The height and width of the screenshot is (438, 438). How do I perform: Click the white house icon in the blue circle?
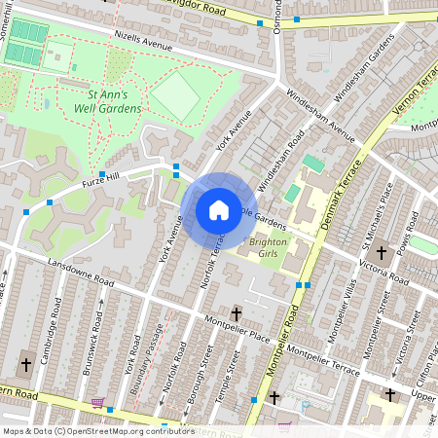coord(218,210)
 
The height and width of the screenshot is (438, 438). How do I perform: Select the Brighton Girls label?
coord(270,247)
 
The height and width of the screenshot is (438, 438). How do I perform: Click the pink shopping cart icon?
coord(97,402)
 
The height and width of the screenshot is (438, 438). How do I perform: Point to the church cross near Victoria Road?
coord(382,252)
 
